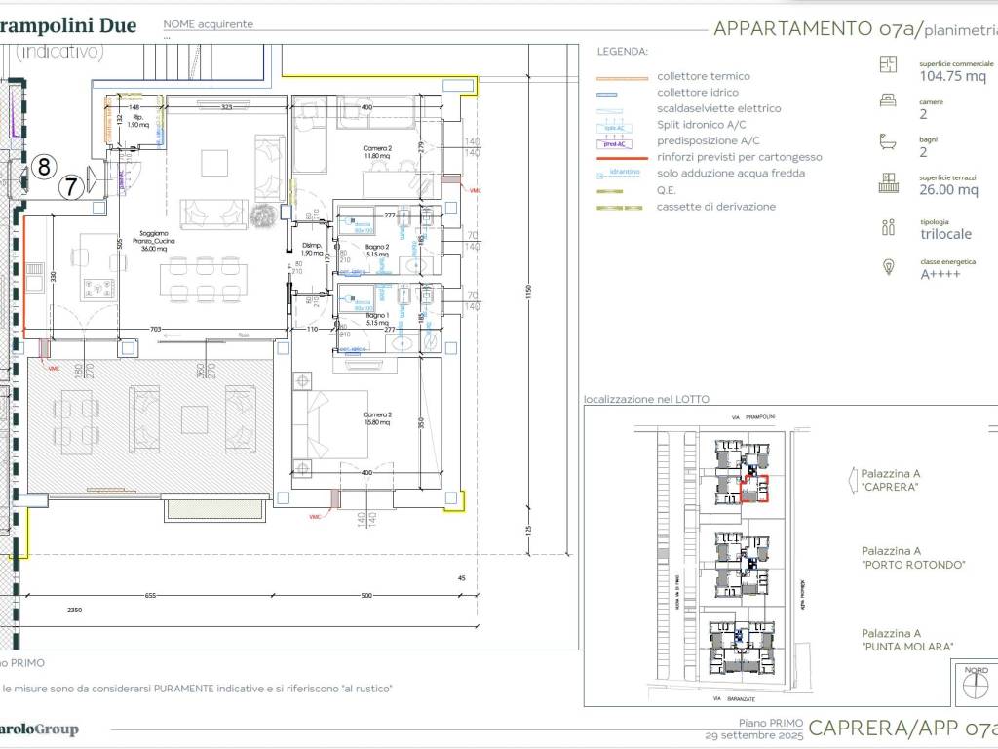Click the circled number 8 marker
click(x=43, y=167)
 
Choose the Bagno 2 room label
click(x=377, y=251)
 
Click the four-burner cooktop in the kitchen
click(x=99, y=289)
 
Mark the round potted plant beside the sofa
click(x=260, y=217)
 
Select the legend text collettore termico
click(x=703, y=76)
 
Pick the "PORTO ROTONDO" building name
click(x=912, y=565)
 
